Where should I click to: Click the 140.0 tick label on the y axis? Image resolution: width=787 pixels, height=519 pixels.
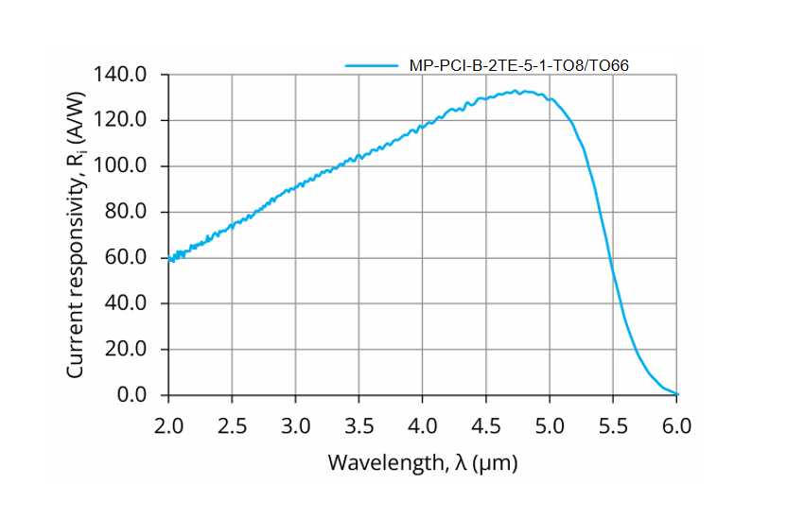coord(122,75)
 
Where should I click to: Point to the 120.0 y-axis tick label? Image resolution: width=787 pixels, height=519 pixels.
coord(122,120)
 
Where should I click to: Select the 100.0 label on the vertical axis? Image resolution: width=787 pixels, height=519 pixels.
coord(122,166)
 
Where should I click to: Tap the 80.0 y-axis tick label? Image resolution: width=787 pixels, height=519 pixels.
coord(127,212)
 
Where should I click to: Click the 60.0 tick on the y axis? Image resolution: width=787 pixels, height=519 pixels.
coord(127,258)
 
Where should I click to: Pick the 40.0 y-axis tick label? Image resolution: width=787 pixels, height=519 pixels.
coord(127,303)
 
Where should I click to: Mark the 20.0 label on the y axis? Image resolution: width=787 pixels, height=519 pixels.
coord(127,350)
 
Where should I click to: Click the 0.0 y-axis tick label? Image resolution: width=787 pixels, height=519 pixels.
coord(132,395)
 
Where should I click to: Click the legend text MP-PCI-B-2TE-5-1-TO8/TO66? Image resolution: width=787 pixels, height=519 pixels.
coord(518,65)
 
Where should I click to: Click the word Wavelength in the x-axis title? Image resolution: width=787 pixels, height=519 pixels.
coord(375,463)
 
